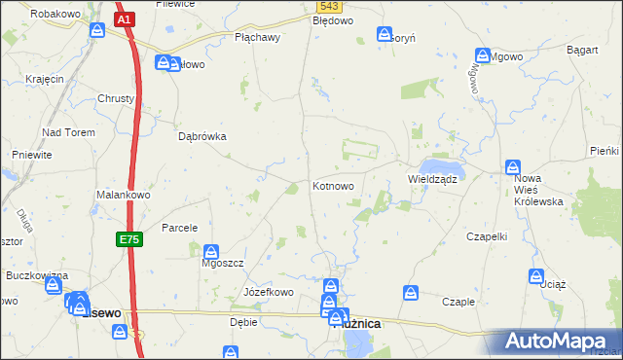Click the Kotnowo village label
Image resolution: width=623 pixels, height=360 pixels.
[x=339, y=185]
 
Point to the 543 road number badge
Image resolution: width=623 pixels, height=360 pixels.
[x=328, y=6]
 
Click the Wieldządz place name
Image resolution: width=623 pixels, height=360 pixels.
[x=432, y=179]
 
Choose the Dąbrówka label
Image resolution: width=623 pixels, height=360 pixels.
[x=202, y=137]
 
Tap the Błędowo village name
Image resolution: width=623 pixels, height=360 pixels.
[x=333, y=19]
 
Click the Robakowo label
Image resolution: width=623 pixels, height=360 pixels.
[x=54, y=15]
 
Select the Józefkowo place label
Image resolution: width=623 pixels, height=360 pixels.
[x=269, y=292]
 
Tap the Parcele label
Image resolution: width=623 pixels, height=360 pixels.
[x=180, y=228]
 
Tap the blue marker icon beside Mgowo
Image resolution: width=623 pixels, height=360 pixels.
[x=483, y=55]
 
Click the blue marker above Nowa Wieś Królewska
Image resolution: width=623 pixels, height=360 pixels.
[x=514, y=166]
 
